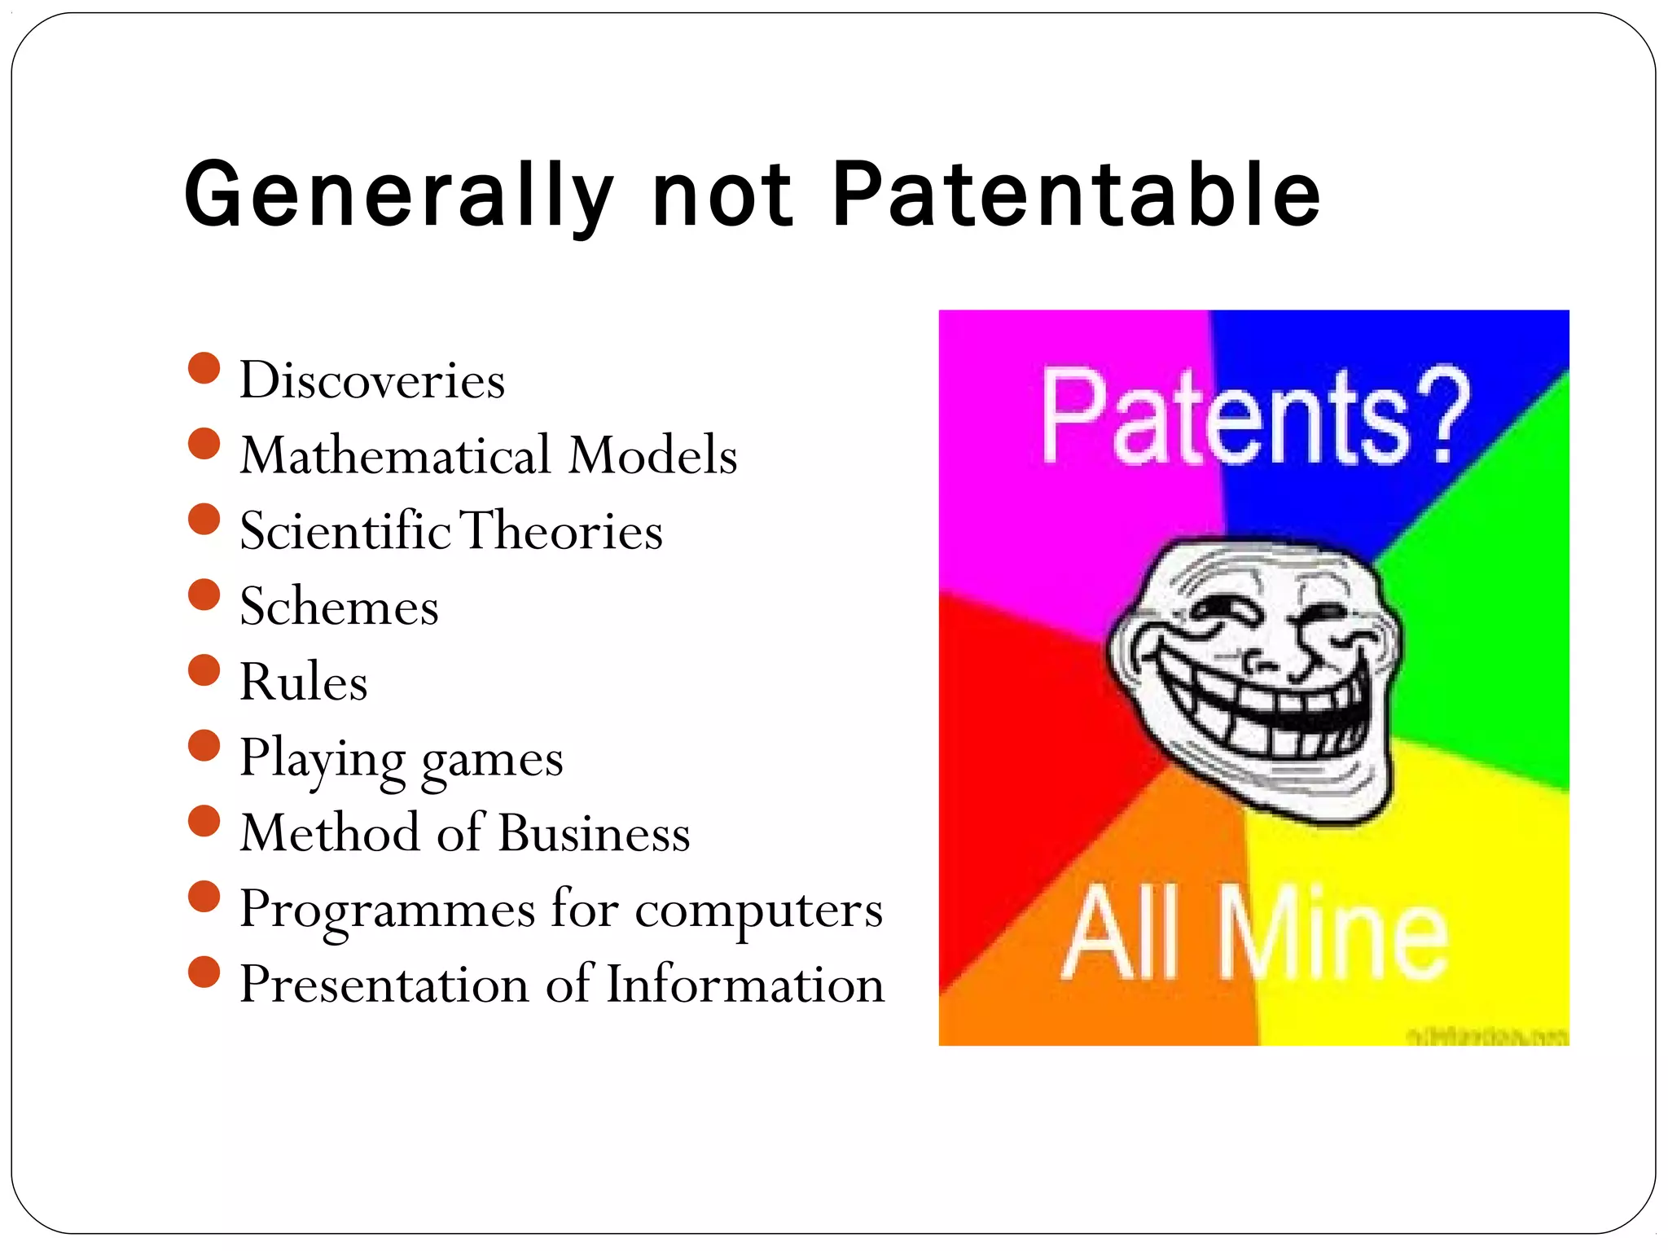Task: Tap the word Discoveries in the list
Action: coord(372,380)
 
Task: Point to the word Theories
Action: coord(562,530)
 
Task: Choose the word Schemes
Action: coord(339,607)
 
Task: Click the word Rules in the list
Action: coord(303,682)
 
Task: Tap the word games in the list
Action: coord(492,760)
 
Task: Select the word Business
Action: coord(595,833)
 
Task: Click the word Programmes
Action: coord(387,910)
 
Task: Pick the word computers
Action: coord(758,910)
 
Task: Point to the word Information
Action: coord(745,984)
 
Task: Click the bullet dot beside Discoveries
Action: coord(204,368)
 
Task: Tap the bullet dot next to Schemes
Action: coord(204,595)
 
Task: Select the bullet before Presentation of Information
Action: coord(204,972)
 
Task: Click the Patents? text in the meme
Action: coord(1254,417)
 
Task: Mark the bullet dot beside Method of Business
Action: coord(204,821)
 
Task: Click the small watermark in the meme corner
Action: coord(1486,1036)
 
